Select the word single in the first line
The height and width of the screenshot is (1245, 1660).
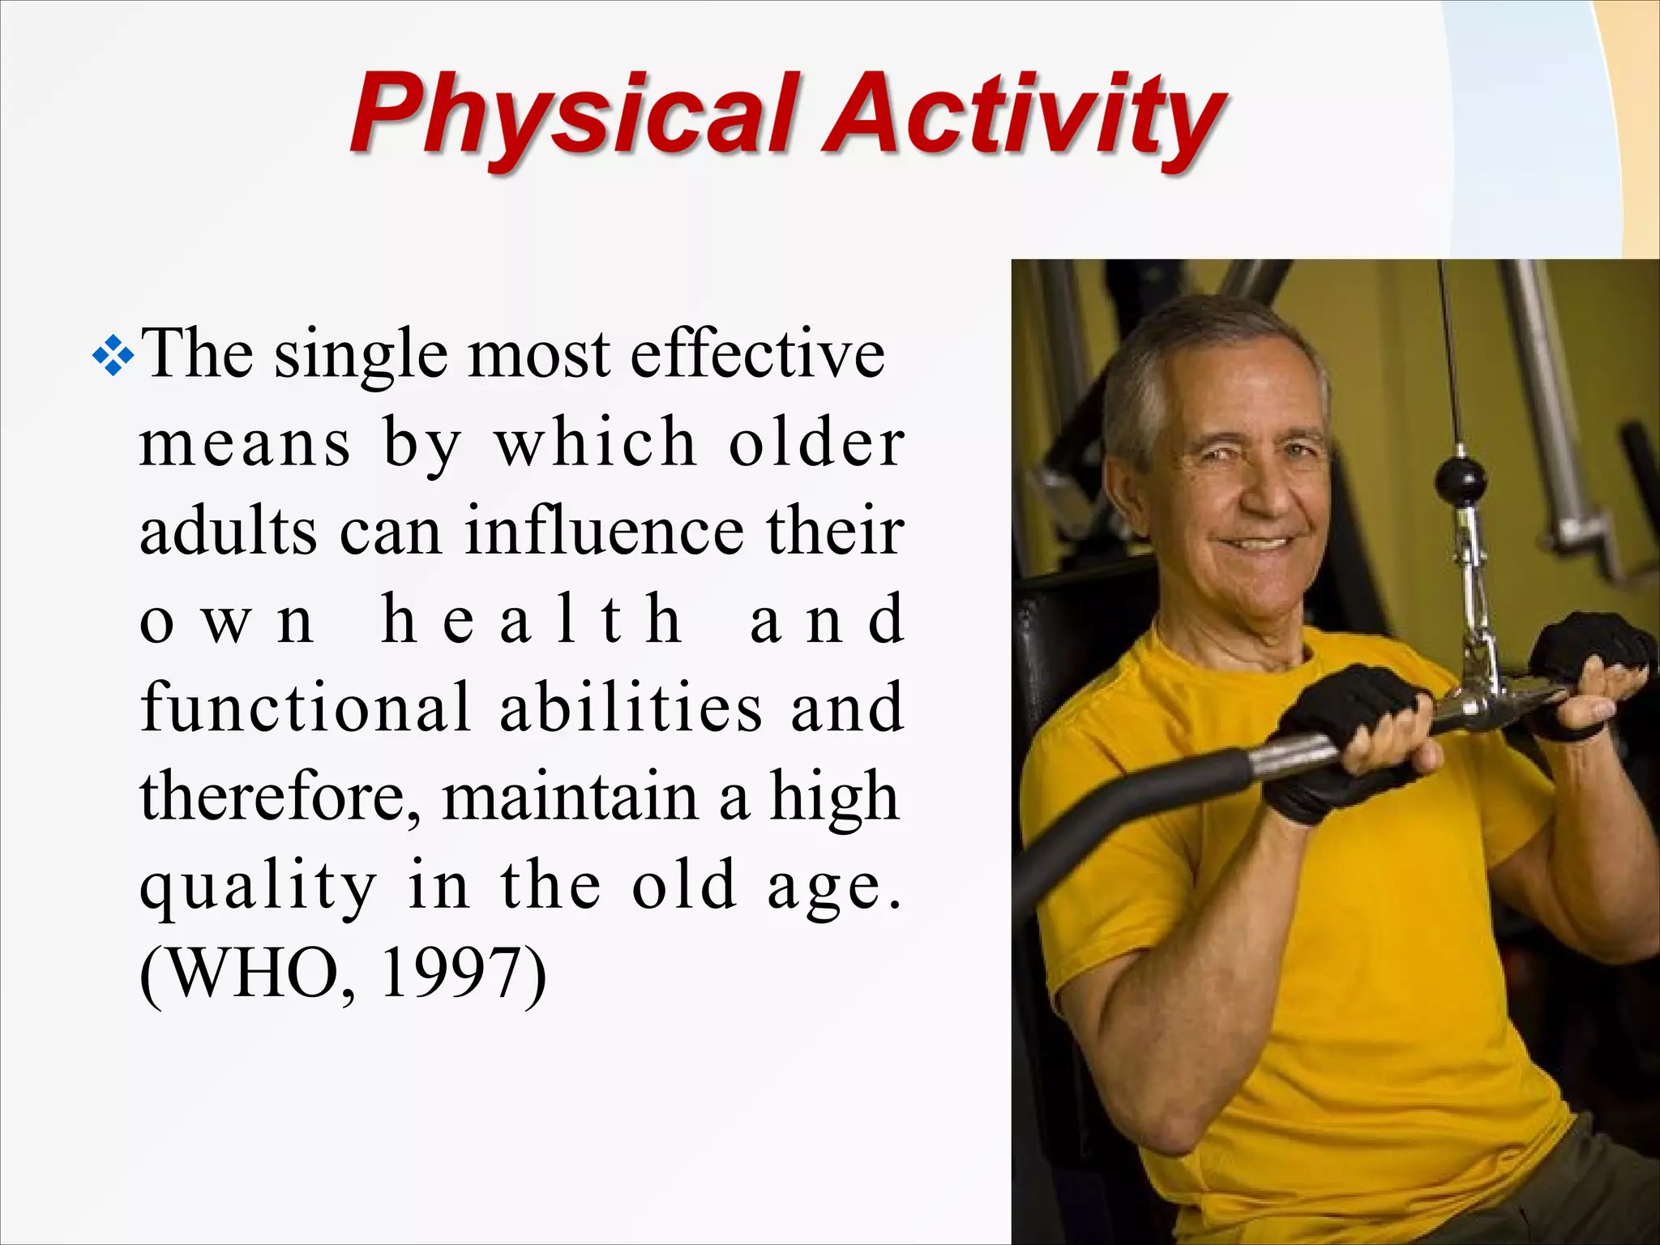coord(361,357)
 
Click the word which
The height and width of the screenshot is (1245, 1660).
coord(596,443)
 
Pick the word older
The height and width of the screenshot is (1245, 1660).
coord(816,443)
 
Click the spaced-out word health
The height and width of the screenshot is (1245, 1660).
coord(531,620)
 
